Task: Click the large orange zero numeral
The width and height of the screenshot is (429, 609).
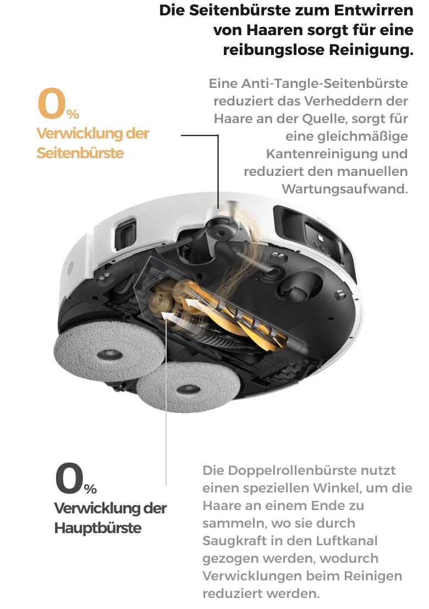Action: click(x=51, y=103)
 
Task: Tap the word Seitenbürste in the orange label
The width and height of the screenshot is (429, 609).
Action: click(x=80, y=153)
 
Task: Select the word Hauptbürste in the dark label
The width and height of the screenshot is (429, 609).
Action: click(x=97, y=528)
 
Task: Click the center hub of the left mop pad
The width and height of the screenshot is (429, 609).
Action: click(x=109, y=354)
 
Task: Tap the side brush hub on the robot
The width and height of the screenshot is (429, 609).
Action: click(x=221, y=233)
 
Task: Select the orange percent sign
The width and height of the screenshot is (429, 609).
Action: click(x=73, y=114)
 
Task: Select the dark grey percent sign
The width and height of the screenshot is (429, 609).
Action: click(x=90, y=489)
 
